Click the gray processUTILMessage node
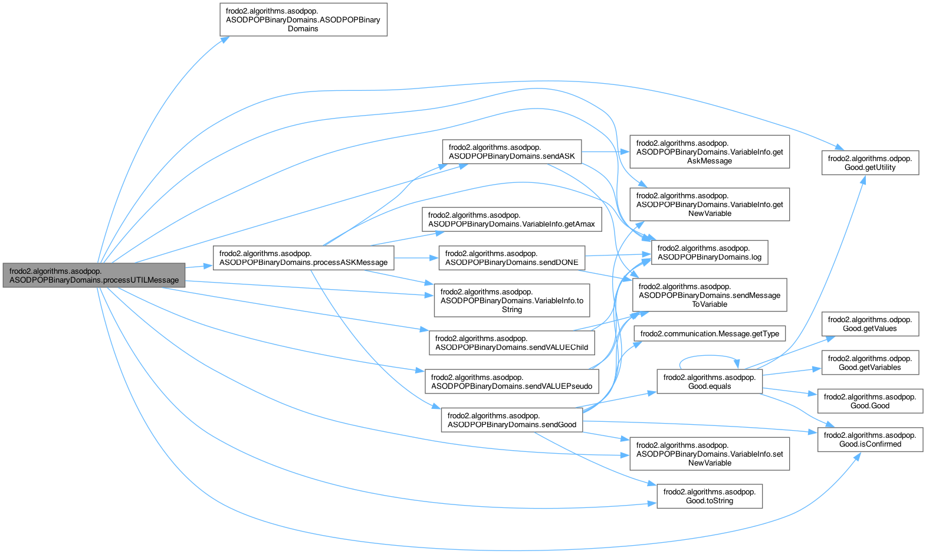click(x=94, y=275)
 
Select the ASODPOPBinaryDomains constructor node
click(x=303, y=19)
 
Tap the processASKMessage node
click(x=303, y=258)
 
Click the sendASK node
click(x=511, y=152)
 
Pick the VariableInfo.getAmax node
click(x=511, y=219)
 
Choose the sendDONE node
click(x=511, y=258)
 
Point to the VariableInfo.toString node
click(x=511, y=300)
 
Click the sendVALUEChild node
click(x=511, y=343)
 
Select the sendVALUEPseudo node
click(x=511, y=382)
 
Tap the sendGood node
click(x=511, y=420)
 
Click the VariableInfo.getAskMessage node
click(x=710, y=152)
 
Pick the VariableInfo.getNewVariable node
click(x=710, y=205)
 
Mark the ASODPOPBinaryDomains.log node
click(x=709, y=253)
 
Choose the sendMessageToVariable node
click(x=710, y=295)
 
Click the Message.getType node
click(x=710, y=334)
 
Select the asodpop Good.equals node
click(x=709, y=382)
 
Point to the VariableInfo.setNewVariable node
click(x=710, y=454)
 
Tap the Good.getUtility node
click(x=870, y=163)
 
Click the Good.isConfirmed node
click(x=870, y=440)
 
